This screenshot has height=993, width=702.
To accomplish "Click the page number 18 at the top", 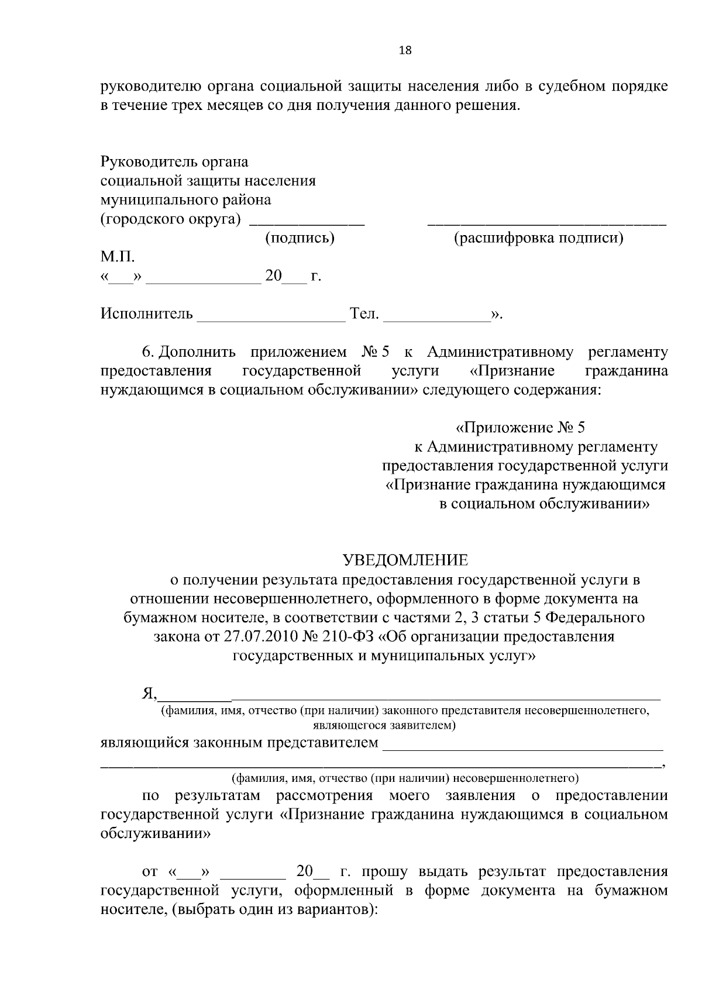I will tap(405, 50).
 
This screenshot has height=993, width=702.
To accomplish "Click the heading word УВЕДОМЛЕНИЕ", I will tap(405, 560).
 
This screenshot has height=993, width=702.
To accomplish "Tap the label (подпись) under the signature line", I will tap(300, 238).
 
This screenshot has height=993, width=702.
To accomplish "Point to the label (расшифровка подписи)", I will tap(539, 238).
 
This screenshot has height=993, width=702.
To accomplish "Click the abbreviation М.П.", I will tap(118, 257).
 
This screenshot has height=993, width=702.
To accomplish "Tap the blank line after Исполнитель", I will tap(272, 319).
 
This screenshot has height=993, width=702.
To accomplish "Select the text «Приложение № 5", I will tap(520, 427).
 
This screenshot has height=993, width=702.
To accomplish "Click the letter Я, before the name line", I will tap(149, 694).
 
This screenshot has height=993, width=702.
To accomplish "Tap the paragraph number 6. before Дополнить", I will tap(148, 353).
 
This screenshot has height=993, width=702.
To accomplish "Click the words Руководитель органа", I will tap(174, 161).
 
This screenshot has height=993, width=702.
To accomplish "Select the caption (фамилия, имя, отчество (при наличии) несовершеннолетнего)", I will tap(405, 778).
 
